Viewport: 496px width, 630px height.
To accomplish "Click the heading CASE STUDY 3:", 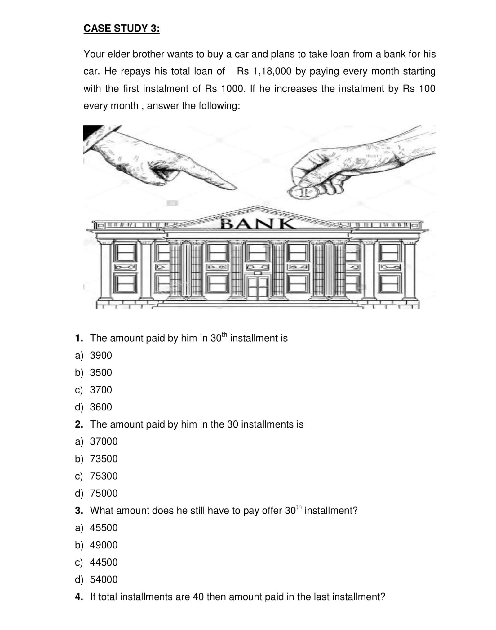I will [122, 28].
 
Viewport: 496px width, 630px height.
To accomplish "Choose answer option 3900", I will [101, 355].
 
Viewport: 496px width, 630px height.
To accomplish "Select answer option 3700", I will [101, 390].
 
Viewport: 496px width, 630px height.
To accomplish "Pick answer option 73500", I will [104, 459].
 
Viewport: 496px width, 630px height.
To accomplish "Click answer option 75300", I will [104, 476].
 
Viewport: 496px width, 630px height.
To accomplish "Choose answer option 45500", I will [104, 528].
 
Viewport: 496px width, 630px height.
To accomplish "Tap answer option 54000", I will [104, 579].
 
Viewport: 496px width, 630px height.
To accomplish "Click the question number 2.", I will [79, 424].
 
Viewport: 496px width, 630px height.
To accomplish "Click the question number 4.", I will [79, 597].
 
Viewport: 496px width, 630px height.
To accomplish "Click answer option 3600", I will [101, 407].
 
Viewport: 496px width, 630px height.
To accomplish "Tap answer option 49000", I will [104, 545].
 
